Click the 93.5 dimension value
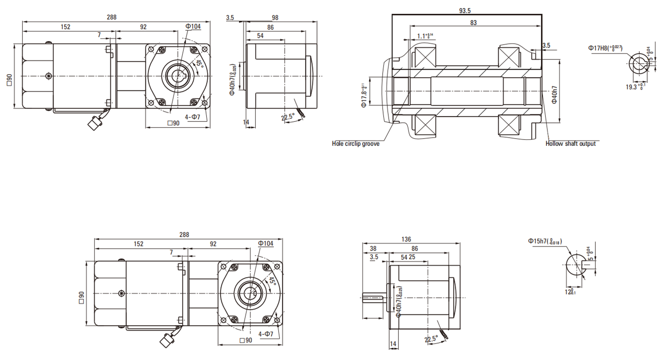[x=466, y=9]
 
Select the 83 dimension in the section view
[x=474, y=23]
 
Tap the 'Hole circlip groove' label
[x=356, y=144]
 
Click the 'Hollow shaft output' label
[x=571, y=144]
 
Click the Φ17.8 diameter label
[x=363, y=95]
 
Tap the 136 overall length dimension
[x=406, y=239]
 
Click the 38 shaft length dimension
[x=373, y=248]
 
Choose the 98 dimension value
[x=274, y=17]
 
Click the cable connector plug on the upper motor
[x=94, y=123]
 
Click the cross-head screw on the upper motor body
[x=48, y=76]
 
